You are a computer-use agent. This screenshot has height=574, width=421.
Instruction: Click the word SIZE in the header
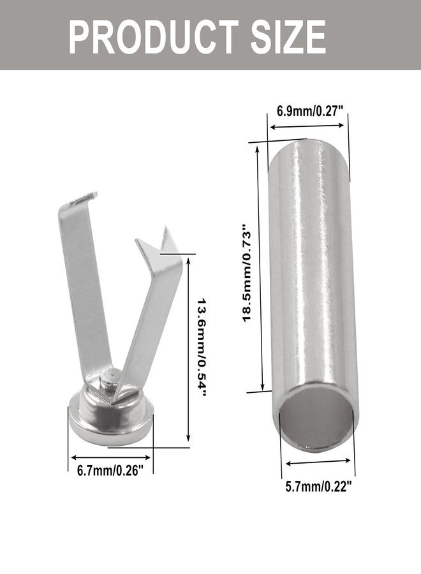pos(288,37)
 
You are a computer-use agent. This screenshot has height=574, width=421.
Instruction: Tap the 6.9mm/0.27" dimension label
pos(310,110)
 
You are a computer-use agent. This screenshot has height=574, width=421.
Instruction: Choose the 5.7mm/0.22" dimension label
pos(318,487)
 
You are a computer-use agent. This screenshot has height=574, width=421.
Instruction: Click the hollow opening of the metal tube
pos(318,418)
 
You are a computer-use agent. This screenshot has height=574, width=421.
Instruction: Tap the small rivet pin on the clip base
pos(108,379)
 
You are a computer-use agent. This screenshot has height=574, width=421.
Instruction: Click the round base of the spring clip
pos(110,417)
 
